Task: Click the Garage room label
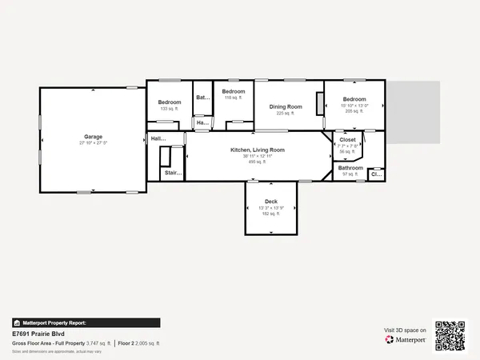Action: (93, 137)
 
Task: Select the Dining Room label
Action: (286, 106)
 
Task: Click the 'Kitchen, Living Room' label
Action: (258, 150)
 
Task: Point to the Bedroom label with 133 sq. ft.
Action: (170, 102)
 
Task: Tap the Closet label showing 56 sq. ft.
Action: (348, 139)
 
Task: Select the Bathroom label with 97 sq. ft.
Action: (350, 168)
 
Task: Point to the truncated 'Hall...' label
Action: (158, 139)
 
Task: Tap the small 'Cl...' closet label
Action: (375, 173)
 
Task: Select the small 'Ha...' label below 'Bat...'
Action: (202, 122)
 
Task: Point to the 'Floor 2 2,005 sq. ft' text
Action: (139, 343)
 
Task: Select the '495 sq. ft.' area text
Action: (258, 162)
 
